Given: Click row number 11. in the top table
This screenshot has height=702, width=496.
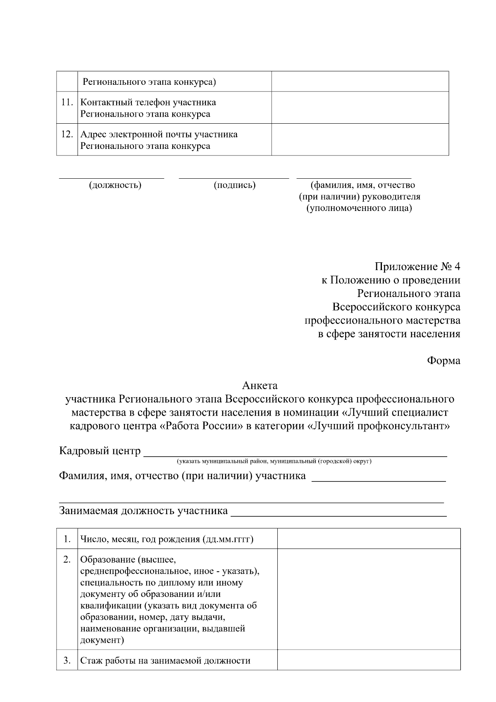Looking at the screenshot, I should (67, 102).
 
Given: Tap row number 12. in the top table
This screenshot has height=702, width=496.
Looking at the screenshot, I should (67, 134).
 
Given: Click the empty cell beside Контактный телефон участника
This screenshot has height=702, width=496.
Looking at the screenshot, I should (360, 108).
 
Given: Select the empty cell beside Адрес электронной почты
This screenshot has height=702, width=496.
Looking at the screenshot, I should (360, 140).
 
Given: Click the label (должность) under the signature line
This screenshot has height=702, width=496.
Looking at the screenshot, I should (115, 185).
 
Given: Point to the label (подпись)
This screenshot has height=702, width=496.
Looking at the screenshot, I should (234, 185).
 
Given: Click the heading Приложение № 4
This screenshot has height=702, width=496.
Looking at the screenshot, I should (417, 266).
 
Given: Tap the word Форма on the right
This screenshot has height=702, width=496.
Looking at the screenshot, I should (443, 361).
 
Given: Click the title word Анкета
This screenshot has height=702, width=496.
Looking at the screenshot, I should (260, 386).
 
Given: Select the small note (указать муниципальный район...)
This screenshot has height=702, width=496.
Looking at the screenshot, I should (274, 461).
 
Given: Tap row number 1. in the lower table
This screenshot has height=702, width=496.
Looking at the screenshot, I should (67, 539).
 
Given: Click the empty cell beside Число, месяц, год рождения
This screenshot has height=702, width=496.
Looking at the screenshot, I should (369, 539).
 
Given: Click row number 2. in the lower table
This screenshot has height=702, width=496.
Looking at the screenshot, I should (67, 560).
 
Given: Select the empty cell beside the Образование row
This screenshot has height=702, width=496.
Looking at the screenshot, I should (369, 599).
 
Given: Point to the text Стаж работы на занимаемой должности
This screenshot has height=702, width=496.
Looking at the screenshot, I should (165, 661).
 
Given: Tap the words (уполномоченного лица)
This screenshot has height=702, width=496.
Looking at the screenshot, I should (359, 208).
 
